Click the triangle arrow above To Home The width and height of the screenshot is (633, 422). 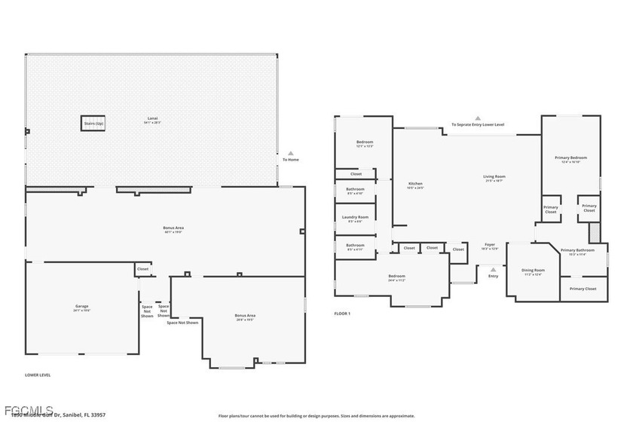coord(290,152)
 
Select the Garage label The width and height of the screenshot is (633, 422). coord(81,307)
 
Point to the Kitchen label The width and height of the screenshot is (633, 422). coord(415,185)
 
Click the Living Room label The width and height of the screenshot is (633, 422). coord(494,178)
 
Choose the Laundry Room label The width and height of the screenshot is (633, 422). coord(355,218)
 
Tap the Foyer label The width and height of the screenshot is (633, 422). coord(490,245)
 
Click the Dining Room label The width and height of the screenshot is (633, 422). coord(534,271)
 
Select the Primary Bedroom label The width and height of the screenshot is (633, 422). coord(570,158)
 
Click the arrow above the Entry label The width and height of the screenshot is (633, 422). coord(493,268)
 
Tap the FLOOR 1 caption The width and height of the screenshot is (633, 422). coord(342,313)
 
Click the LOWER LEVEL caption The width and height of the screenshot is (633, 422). coord(38,375)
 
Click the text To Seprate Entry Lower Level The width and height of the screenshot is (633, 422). coord(478,124)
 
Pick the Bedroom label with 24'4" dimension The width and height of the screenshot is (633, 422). coord(396,277)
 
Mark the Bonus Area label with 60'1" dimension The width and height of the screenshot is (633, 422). coord(173,228)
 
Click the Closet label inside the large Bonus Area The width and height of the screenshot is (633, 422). coord(142,268)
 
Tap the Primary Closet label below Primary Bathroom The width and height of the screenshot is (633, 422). coord(583,289)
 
